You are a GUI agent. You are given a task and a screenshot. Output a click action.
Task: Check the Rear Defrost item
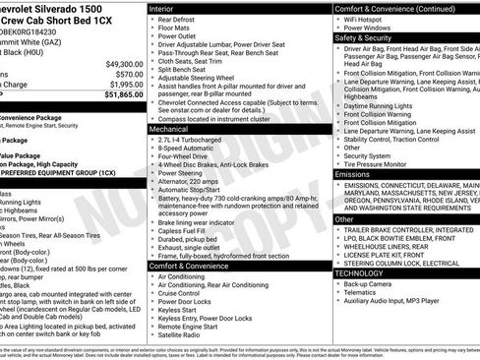click(x=182, y=19)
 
